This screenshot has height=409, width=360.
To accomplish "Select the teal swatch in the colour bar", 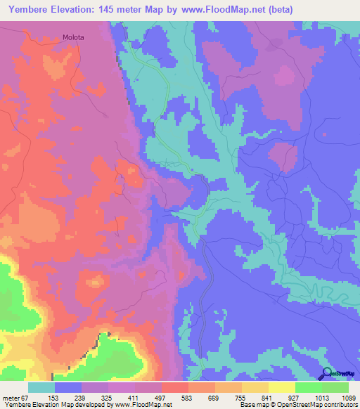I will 41,387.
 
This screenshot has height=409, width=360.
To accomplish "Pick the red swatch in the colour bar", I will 174,387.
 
